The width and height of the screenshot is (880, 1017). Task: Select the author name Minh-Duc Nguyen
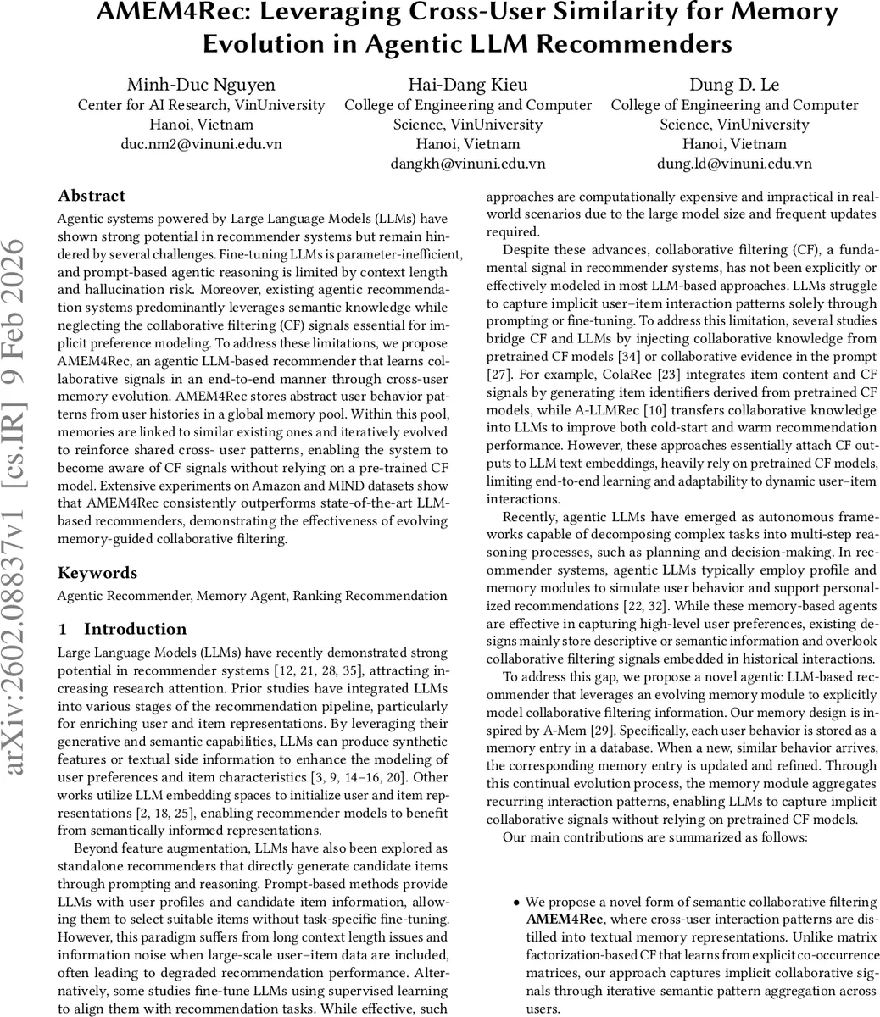201,84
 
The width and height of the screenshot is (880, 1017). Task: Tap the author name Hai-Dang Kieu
468,84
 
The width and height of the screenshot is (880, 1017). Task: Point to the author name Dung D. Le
734,84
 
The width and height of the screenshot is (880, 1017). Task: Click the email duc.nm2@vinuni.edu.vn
201,144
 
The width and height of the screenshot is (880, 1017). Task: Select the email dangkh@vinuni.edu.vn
468,164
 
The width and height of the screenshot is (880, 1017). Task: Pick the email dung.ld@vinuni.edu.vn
734,164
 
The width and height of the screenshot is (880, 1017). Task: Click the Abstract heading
92,196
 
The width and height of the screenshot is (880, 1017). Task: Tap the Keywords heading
97,573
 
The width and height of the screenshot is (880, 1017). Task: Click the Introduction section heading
135,629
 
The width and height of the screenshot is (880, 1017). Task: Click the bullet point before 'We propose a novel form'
516,903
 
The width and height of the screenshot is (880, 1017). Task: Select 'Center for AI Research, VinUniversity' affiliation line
201,105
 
